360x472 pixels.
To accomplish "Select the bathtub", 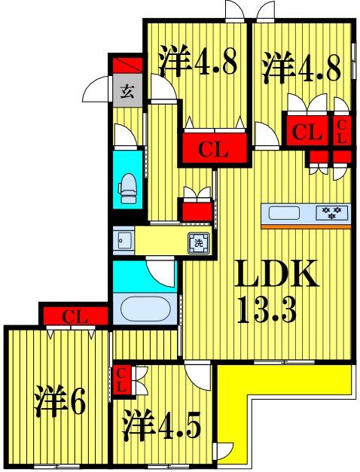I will click(146, 309).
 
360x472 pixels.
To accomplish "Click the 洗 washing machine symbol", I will click(198, 242).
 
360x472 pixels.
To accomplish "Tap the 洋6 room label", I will click(59, 402).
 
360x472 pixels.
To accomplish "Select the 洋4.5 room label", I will click(161, 425).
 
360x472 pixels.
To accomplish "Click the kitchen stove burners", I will click(333, 212).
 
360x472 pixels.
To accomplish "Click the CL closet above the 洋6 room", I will click(74, 316).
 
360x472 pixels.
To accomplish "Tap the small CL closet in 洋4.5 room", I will click(121, 380).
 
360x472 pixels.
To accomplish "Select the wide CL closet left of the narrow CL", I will click(307, 133).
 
